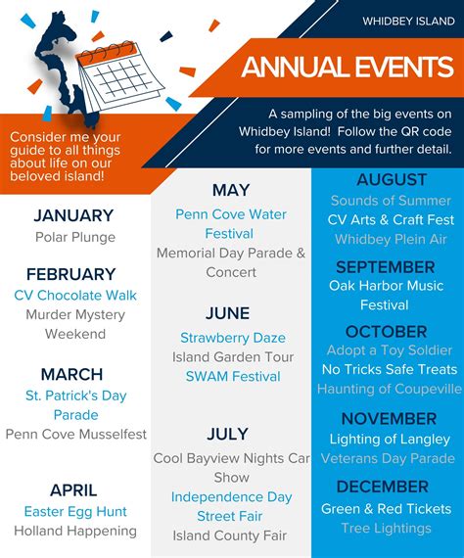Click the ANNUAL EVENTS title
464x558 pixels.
[x=347, y=67]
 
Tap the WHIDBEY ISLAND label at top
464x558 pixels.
[x=407, y=21]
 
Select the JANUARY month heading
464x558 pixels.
[x=74, y=215]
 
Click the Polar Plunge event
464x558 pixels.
[x=74, y=237]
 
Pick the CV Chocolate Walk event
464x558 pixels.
[x=75, y=295]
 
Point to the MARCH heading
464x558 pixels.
[x=71, y=374]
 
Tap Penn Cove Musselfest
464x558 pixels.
[x=75, y=434]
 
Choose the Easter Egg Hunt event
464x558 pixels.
[x=75, y=511]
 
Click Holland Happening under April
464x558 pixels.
[x=75, y=531]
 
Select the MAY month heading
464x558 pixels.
[x=231, y=190]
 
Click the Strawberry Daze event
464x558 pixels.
[x=231, y=338]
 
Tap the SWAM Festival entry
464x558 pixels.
[x=231, y=376]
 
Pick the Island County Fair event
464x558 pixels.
[x=231, y=535]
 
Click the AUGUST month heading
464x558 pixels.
[x=392, y=179]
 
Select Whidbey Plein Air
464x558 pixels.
[x=392, y=239]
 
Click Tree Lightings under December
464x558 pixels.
[x=387, y=529]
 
